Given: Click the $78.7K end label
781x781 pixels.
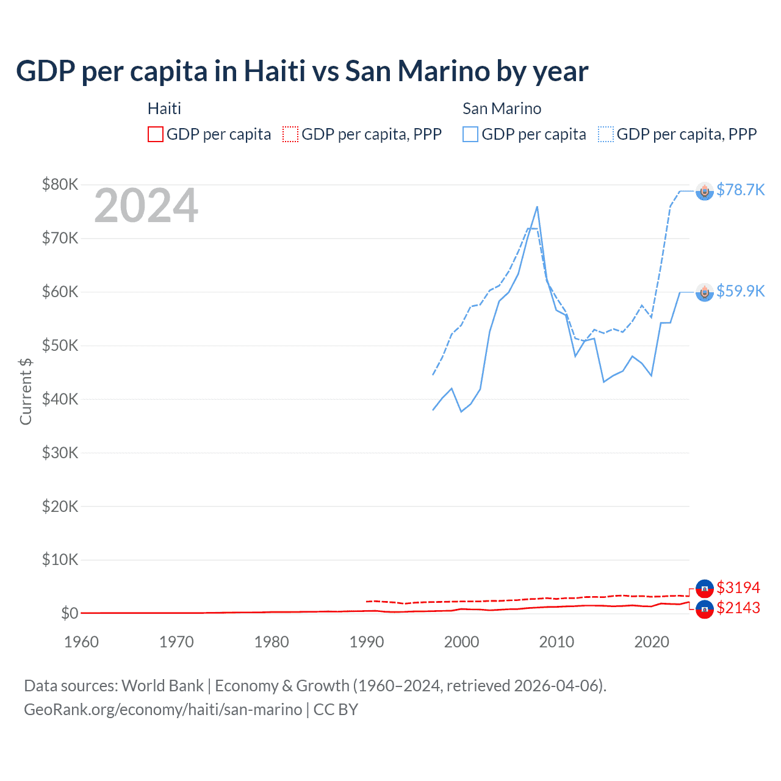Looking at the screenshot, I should click(740, 190).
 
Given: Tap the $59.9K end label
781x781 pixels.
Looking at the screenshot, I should click(740, 291).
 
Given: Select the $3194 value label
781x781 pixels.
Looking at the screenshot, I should click(738, 588).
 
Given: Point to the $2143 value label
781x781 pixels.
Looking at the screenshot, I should click(738, 608).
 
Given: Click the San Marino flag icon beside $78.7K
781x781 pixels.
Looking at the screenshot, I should click(705, 192).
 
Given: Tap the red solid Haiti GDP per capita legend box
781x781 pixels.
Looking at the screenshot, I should click(156, 134).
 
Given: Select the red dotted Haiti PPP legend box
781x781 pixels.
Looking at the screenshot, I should click(290, 134).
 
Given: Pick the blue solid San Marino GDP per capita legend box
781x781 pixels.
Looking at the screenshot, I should click(470, 134).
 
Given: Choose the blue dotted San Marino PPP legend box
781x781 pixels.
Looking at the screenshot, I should click(606, 134).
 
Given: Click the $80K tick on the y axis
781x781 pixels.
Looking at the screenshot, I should click(60, 184).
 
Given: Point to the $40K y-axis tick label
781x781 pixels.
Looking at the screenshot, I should click(60, 399).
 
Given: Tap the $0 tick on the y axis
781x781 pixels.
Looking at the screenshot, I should click(69, 613).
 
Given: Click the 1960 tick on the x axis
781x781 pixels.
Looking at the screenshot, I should click(81, 642).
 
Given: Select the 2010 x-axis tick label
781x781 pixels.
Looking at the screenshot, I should click(556, 642).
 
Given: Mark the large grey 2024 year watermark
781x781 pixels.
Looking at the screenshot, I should click(146, 206).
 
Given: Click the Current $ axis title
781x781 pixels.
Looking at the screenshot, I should click(26, 391).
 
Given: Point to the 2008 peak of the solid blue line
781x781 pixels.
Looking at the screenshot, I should click(537, 207).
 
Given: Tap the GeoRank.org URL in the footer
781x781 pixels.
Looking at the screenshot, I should click(163, 710).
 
